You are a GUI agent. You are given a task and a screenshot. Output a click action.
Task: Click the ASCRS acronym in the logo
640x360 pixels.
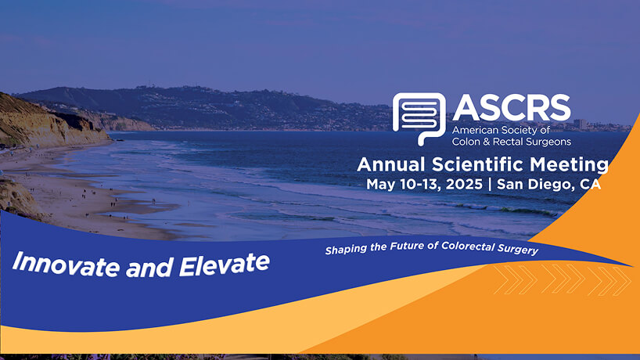[x=512, y=108]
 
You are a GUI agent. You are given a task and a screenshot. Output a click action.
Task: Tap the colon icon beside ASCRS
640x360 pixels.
[x=419, y=118]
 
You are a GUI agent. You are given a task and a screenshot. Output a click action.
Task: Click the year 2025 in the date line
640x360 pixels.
[x=464, y=184]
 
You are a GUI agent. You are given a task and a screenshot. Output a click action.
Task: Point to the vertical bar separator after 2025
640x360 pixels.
[x=490, y=184]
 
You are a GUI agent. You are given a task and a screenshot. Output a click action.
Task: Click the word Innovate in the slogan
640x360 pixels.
[x=67, y=264]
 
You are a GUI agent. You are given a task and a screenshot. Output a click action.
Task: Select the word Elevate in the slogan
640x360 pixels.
[x=225, y=265]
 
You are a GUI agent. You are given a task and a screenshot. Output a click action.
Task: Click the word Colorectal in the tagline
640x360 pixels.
[x=468, y=246]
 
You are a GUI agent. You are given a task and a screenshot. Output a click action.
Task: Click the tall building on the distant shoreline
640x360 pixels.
[x=580, y=124]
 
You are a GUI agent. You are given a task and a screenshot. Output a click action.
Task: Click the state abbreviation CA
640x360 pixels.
[x=590, y=185]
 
